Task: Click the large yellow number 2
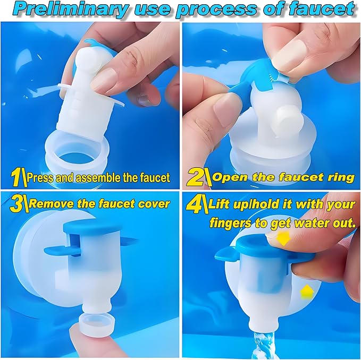(195, 177)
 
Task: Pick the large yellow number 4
(195, 203)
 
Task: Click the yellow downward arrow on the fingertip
(283, 238)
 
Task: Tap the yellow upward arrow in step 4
(307, 292)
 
